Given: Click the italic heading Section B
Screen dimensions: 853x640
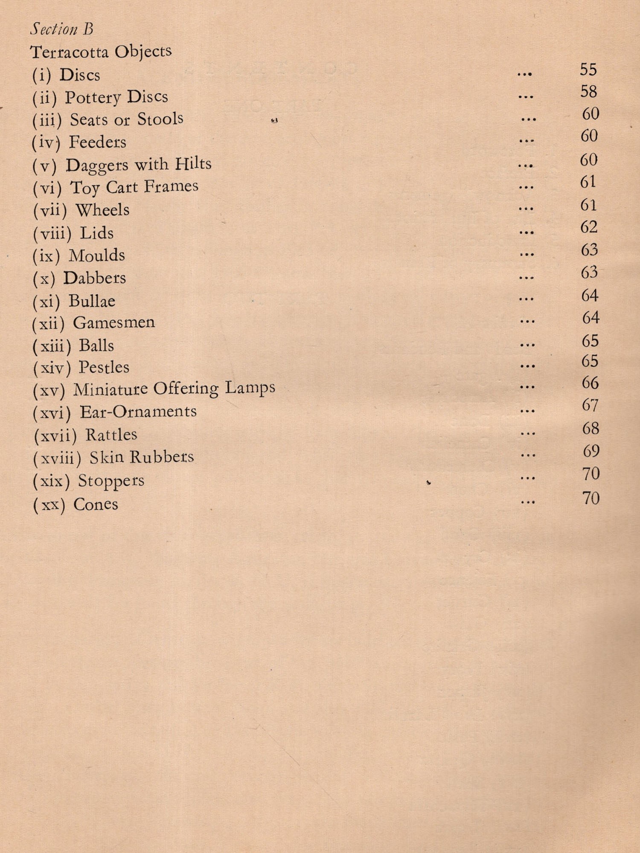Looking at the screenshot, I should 62,29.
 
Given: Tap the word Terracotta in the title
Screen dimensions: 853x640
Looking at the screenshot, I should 69,52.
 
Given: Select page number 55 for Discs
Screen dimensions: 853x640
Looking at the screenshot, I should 588,70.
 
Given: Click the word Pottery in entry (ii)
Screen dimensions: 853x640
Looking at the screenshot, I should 93,98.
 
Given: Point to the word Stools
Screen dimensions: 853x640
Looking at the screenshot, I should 160,119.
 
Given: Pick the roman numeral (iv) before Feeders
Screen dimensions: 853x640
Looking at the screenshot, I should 45,142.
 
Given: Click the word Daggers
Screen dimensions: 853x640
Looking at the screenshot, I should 96,165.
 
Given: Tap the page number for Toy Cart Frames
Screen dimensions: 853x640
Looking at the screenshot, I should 588,182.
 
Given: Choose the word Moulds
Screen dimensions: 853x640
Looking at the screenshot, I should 97,255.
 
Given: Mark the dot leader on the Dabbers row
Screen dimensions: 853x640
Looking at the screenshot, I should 527,278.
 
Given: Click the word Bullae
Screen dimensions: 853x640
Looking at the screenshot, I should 92,301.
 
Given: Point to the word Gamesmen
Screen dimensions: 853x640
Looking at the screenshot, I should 114,322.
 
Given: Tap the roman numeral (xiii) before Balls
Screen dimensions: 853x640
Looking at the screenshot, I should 52,346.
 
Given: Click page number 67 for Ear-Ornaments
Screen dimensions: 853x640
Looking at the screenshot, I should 590,405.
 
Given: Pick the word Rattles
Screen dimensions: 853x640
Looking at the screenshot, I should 111,435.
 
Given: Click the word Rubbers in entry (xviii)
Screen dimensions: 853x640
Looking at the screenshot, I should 162,457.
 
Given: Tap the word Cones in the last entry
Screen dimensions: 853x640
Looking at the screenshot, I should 96,505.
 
